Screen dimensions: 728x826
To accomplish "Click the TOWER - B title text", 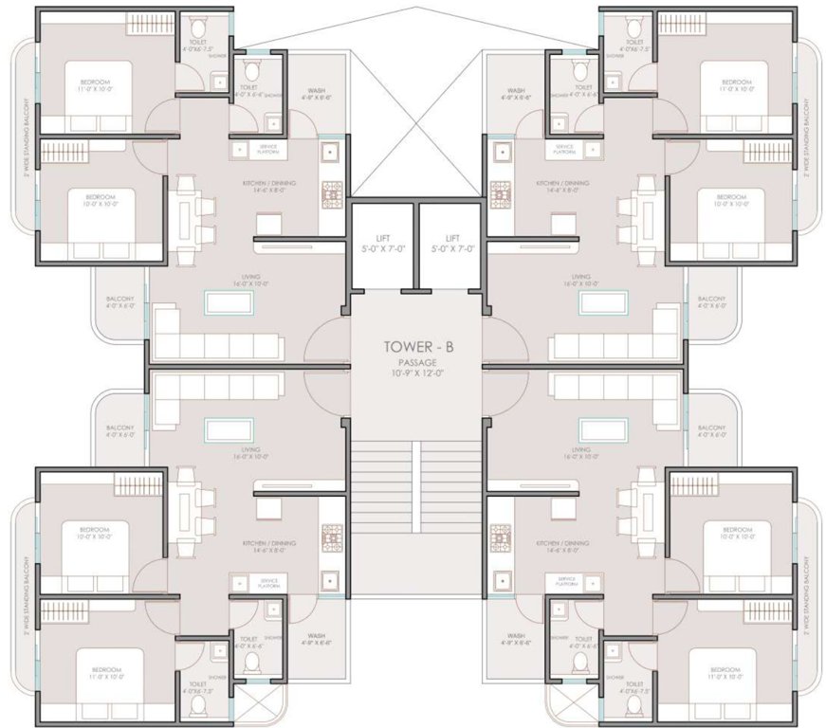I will coord(418,346).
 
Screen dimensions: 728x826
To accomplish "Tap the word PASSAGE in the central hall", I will coord(418,362).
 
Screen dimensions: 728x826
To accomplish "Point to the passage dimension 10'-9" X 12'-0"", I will coord(418,374).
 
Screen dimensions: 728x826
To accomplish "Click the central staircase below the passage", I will coord(418,474).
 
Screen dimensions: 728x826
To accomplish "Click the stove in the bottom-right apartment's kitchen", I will coord(500,537).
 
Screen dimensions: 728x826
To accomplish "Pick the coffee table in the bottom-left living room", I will coord(229,429).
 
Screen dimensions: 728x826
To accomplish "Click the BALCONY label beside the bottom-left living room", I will coord(120,430).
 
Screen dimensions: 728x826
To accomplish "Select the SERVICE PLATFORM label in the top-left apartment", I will coord(268,149).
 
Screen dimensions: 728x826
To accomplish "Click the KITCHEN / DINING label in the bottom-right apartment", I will coord(562,546).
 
